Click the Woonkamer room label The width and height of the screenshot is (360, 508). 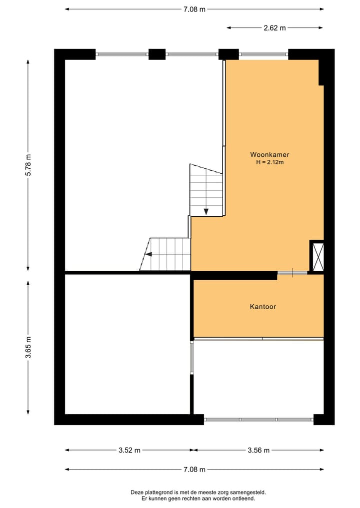(x=270, y=154)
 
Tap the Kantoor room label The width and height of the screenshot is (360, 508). (x=262, y=306)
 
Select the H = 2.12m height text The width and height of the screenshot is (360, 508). (x=270, y=162)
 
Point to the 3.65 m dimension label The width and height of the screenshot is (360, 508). (x=28, y=347)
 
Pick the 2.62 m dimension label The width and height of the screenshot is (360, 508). (x=274, y=28)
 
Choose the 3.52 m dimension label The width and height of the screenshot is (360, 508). (x=129, y=450)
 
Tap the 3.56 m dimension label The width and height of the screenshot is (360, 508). (x=258, y=450)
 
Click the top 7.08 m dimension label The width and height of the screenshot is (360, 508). (x=194, y=9)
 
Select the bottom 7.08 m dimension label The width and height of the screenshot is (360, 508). (x=194, y=470)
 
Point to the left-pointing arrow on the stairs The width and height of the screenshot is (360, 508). (x=148, y=254)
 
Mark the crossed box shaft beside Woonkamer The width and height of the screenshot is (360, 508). (x=316, y=257)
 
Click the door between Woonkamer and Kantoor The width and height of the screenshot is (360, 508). (x=292, y=273)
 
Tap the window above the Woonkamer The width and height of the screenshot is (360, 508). (x=263, y=54)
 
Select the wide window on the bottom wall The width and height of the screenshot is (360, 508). (x=258, y=420)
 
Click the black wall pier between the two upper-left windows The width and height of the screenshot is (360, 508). (x=157, y=54)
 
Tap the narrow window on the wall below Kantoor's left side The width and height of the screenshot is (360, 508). (x=191, y=357)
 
